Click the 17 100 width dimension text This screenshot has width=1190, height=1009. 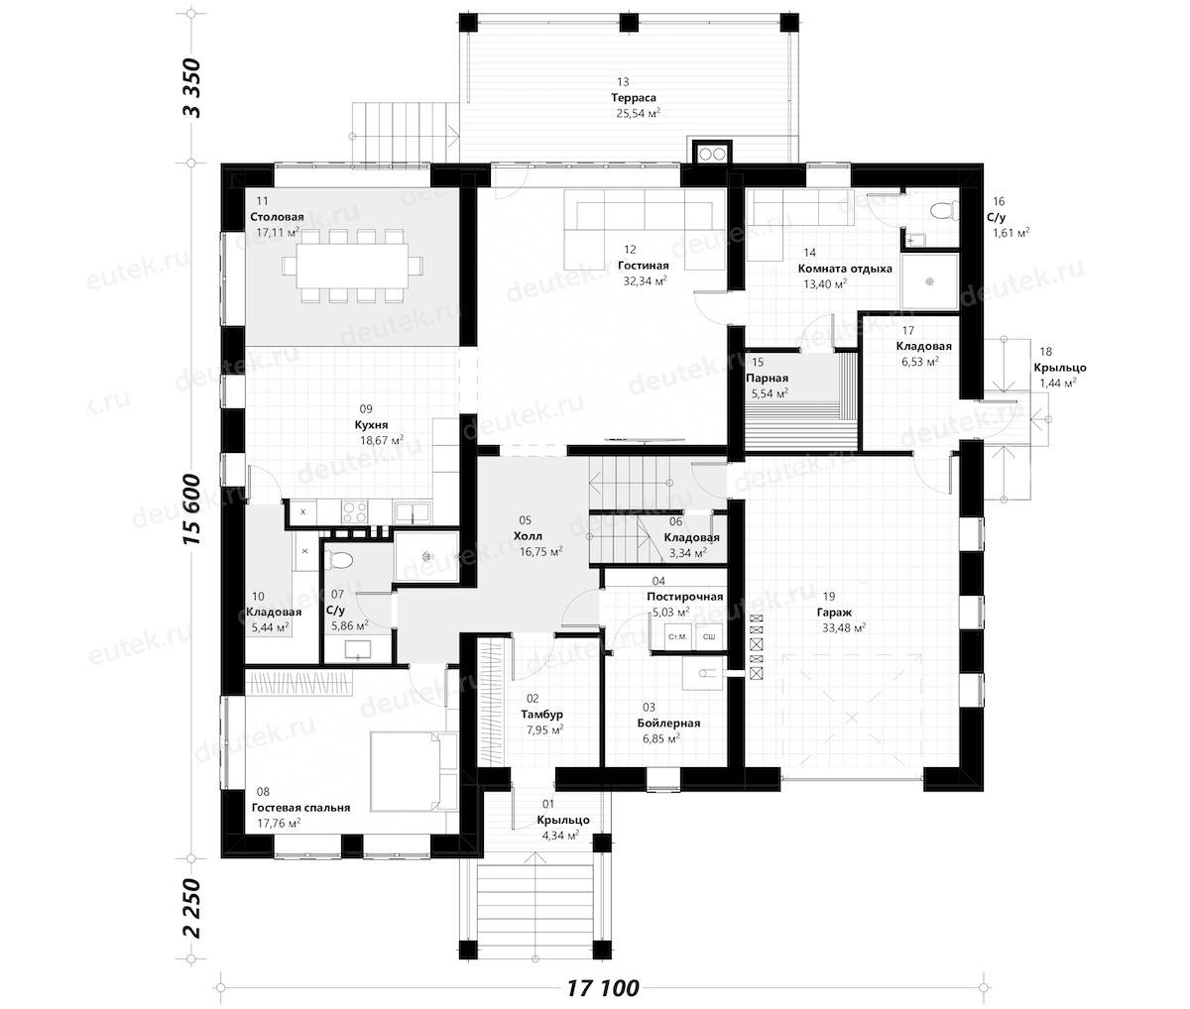coord(603,988)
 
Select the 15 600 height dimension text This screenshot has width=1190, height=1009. coord(191,510)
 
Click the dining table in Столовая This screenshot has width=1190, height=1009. coord(352,266)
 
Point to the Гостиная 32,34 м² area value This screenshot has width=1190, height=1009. coord(645,280)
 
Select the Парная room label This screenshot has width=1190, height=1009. coord(767,379)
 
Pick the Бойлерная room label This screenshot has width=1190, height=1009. coord(668,723)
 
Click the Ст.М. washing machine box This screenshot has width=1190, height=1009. coord(677,636)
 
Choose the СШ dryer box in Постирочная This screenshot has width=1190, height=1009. coord(709,636)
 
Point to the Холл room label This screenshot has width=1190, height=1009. coord(528,536)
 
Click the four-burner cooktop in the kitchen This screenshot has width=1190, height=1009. coord(355,512)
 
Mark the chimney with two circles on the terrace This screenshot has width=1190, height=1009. coord(712,155)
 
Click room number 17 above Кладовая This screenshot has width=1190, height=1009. coord(908,330)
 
